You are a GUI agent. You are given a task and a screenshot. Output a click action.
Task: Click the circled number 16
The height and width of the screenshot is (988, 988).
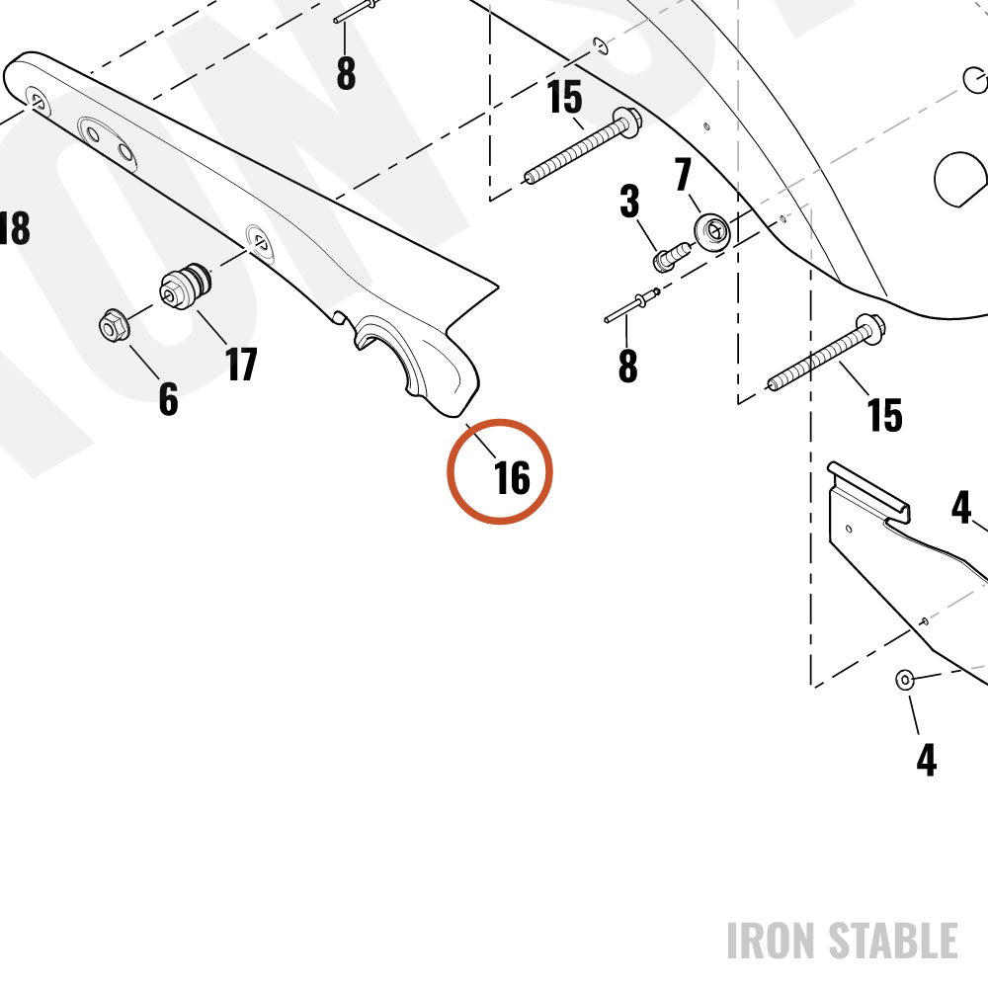click(512, 477)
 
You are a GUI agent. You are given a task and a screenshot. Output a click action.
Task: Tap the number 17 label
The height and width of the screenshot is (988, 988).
click(241, 364)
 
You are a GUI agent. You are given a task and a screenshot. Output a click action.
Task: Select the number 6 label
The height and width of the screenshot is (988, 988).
click(168, 398)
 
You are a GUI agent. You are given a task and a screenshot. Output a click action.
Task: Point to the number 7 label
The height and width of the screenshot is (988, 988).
click(683, 174)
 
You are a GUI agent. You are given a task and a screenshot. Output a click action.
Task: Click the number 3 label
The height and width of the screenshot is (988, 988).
click(629, 201)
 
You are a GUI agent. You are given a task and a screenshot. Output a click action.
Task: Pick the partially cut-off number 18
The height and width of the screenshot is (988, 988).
click(15, 227)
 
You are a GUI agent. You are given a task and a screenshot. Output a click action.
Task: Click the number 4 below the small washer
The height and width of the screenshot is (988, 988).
click(927, 760)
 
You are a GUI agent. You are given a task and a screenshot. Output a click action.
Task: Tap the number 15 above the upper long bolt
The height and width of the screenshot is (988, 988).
click(564, 97)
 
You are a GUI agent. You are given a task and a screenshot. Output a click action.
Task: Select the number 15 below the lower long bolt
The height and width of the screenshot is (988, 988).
click(884, 415)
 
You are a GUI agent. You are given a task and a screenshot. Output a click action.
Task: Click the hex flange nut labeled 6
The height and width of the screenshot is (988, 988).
click(114, 325)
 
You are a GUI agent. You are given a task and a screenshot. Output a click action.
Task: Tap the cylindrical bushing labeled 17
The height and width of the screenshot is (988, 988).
click(186, 287)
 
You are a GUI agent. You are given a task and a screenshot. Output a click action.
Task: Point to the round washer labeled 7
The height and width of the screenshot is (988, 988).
click(712, 232)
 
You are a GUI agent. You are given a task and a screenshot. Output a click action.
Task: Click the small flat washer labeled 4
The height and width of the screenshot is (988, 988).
click(905, 680)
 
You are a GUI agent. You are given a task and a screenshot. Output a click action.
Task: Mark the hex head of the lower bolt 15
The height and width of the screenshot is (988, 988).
click(870, 328)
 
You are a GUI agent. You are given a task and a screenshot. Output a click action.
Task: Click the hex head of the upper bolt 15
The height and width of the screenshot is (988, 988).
click(627, 121)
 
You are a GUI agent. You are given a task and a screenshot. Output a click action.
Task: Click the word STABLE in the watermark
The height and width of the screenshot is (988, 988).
click(893, 941)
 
